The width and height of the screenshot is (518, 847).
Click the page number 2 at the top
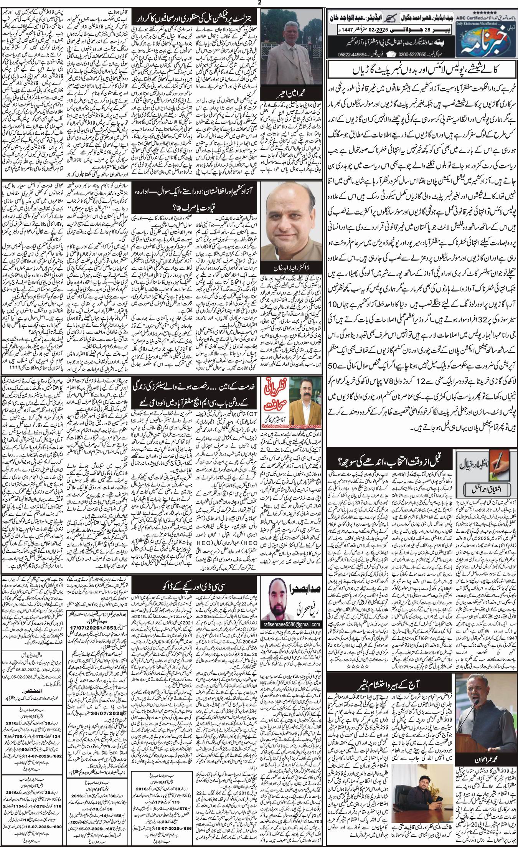259,3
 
